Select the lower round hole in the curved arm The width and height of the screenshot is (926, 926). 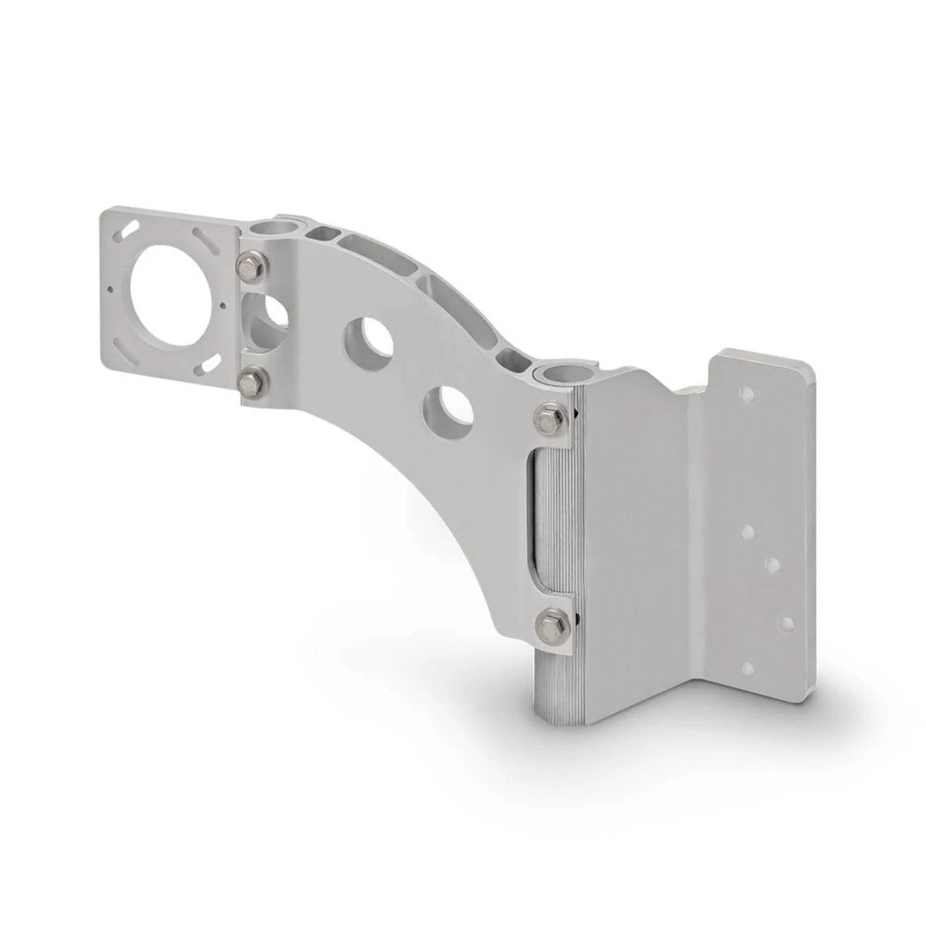447,405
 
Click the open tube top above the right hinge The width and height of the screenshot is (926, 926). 555,374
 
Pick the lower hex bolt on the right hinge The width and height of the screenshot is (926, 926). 550,621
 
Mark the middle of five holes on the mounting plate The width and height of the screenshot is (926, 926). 773,565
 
